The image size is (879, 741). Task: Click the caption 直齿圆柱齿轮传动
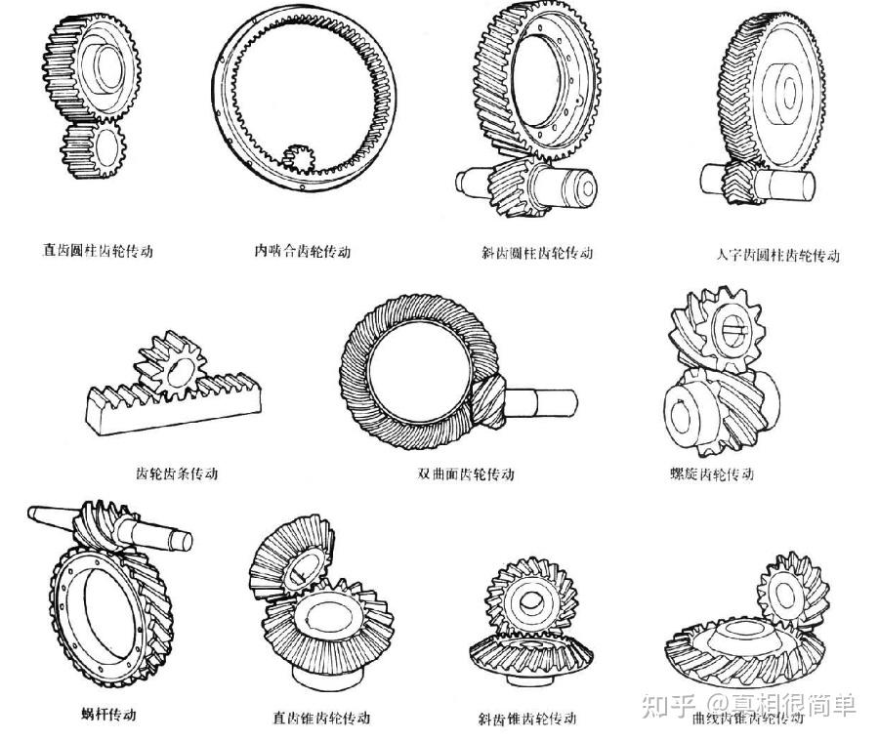pos(98,251)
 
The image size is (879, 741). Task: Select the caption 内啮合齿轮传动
pos(302,251)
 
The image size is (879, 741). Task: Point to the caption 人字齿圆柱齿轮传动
pos(777,256)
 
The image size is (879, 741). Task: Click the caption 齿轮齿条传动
pos(177,473)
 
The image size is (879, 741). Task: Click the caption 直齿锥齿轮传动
pos(321,718)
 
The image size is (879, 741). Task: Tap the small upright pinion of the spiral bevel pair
pos(785,590)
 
